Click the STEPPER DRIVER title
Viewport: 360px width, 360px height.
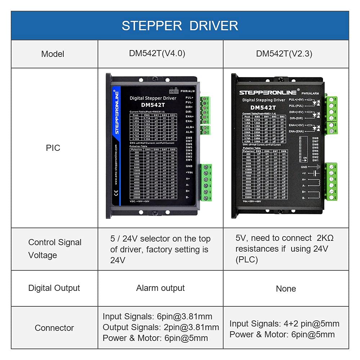[180, 26]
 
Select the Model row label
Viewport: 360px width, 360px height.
[53, 54]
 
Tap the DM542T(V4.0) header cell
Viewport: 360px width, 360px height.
[157, 54]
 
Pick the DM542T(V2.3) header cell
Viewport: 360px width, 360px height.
[284, 54]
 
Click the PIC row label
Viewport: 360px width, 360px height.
[53, 148]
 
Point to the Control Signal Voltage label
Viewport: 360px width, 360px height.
[55, 249]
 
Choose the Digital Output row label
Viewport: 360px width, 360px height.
[54, 288]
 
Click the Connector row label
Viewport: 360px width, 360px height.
[54, 328]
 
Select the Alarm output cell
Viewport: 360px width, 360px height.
[160, 288]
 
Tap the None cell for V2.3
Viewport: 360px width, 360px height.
[286, 289]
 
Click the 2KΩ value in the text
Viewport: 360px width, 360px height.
[325, 238]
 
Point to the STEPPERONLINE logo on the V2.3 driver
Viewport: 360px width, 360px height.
[268, 93]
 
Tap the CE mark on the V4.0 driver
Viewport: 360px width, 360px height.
[116, 192]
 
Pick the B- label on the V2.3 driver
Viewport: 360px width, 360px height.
[304, 198]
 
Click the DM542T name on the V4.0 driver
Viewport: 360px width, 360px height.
[153, 105]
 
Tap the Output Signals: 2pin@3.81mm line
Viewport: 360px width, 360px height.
[161, 327]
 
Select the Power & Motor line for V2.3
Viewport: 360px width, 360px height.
[282, 334]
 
